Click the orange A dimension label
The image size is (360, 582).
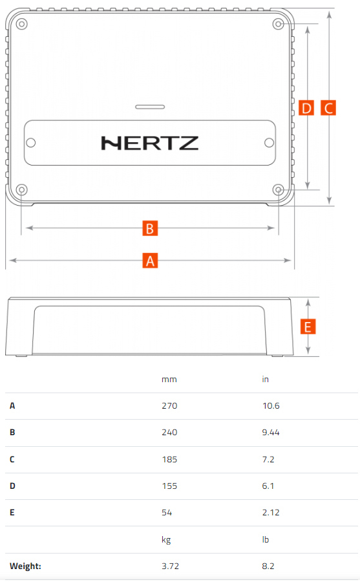coord(150,261)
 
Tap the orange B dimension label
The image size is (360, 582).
coord(150,228)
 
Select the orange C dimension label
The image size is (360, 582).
coord(328,107)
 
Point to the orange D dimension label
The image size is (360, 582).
coord(306,107)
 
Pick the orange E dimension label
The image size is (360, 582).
coord(308,327)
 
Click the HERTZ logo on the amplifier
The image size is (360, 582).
coord(149,144)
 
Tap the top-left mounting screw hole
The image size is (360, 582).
coord(21,24)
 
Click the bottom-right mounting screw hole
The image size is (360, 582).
coord(279,190)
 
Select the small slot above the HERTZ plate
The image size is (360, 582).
coord(150,107)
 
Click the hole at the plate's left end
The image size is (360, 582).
coord(31,142)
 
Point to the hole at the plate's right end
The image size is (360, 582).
coord(269,142)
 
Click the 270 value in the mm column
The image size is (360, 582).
coord(169,405)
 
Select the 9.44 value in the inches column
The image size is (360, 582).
coord(271,433)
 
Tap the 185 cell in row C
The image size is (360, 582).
coord(169,460)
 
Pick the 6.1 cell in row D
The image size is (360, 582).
coord(268,486)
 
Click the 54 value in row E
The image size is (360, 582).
coord(167,513)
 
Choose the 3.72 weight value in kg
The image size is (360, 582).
coord(171,566)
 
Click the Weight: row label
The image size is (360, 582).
coord(25,566)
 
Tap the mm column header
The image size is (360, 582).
coord(169,380)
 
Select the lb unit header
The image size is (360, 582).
coord(266,539)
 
